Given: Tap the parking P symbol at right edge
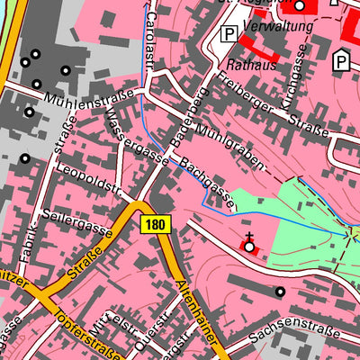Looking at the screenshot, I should pos(341,61).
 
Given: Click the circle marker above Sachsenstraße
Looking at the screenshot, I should pos(280,292).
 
